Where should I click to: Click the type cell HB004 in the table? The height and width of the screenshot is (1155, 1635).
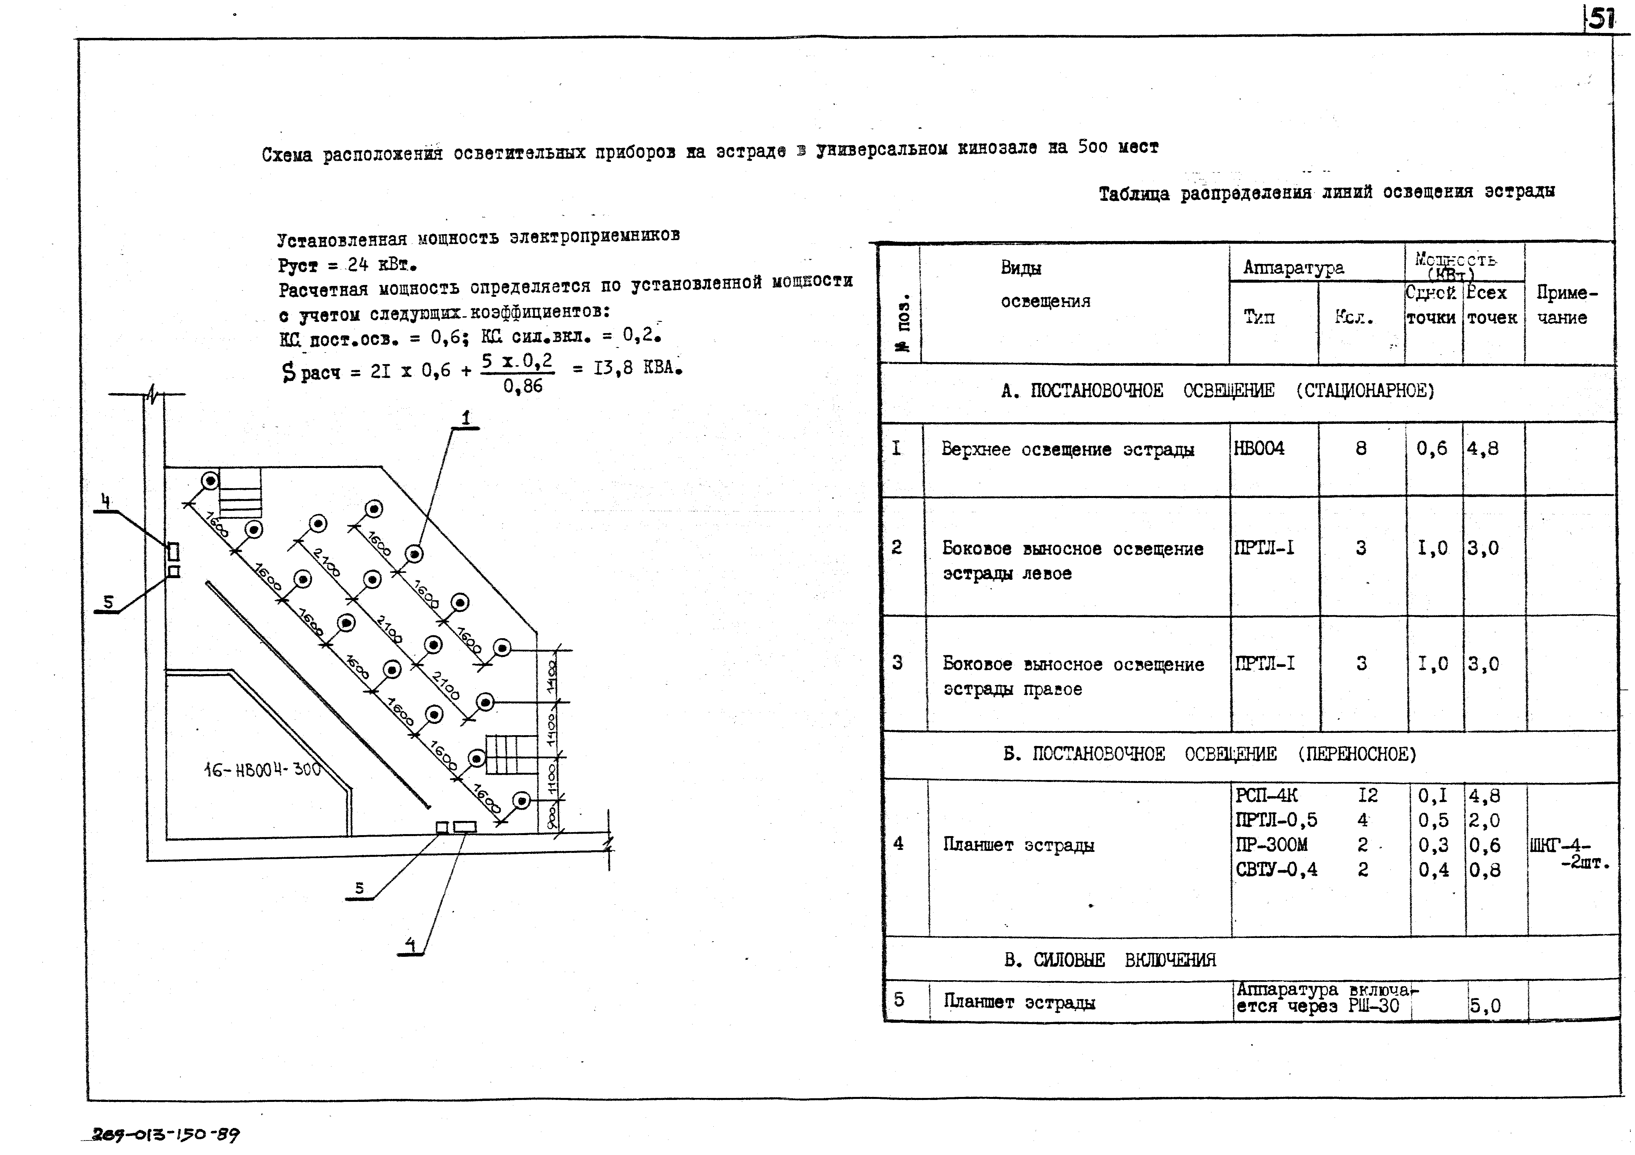click(x=1259, y=448)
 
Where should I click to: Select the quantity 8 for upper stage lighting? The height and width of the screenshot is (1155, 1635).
click(x=1361, y=448)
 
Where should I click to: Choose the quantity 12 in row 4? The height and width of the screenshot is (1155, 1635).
click(x=1367, y=795)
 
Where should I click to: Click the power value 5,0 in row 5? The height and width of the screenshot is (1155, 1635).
click(x=1485, y=1006)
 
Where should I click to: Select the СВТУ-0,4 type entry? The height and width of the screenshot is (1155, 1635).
click(x=1276, y=869)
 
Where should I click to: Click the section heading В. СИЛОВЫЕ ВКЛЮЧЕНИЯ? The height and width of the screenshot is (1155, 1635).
click(x=1109, y=960)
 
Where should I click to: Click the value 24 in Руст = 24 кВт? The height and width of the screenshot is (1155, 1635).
click(x=358, y=265)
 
